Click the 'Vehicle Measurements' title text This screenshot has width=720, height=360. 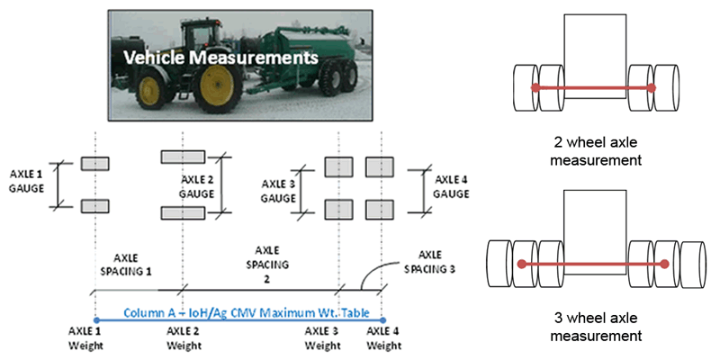tap(221, 58)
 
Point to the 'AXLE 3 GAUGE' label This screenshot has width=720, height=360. tap(282, 189)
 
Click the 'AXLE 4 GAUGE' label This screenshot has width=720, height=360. tap(451, 187)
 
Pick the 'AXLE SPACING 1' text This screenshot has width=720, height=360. tap(125, 262)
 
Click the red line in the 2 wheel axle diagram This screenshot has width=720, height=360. tap(593, 88)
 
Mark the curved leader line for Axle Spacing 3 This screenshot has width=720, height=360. tap(373, 275)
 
